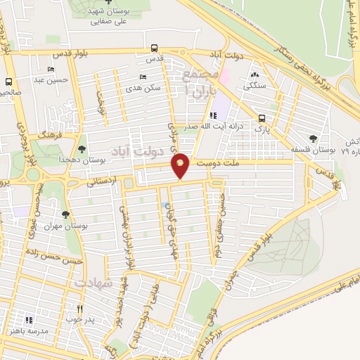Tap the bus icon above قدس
pyautogui.click(x=155, y=49)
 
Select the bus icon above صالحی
pyautogui.click(x=9, y=82)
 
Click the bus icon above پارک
pyautogui.click(x=262, y=118)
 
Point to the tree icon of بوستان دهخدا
pyautogui.click(x=83, y=149)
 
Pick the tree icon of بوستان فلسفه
pyautogui.click(x=312, y=138)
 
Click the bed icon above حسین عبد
pyautogui.click(x=50, y=70)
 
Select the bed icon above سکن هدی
pyautogui.click(x=143, y=77)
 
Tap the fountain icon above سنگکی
pyautogui.click(x=253, y=75)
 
